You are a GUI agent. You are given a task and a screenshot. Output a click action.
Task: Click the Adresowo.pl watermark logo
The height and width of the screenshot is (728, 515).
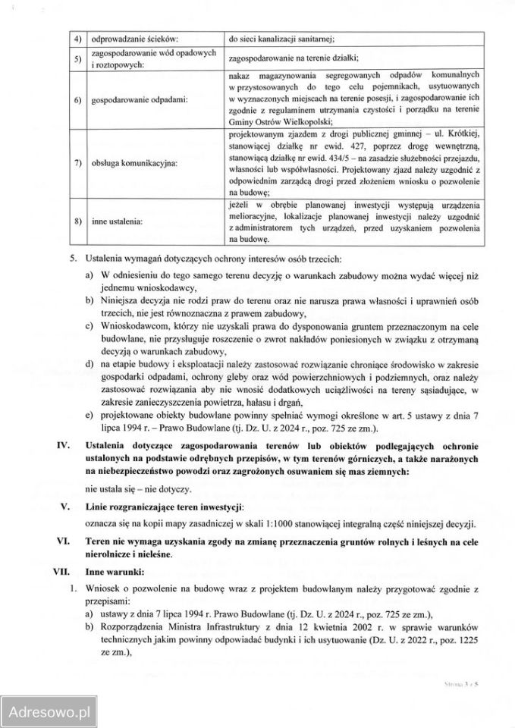click(48, 713)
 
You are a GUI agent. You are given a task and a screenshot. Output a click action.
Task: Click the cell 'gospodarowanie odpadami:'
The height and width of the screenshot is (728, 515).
click(130, 99)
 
